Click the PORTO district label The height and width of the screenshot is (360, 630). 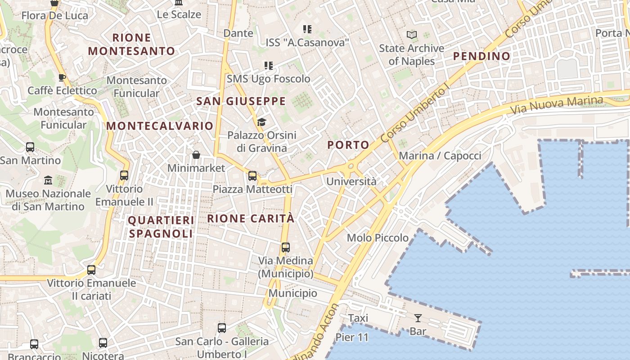tap(348, 145)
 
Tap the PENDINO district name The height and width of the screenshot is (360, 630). tap(481, 56)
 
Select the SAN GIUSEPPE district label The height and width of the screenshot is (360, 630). tap(241, 101)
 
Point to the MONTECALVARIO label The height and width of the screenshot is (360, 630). tap(160, 126)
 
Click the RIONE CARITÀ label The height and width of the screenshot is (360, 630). tap(251, 219)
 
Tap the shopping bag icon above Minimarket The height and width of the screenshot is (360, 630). tap(196, 155)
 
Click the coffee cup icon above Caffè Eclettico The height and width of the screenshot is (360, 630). tap(62, 77)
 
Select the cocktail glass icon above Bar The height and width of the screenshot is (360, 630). tap(418, 318)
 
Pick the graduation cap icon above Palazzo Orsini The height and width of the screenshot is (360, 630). tap(261, 122)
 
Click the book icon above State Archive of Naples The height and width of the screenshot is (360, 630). tap(411, 35)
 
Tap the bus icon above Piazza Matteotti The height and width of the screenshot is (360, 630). tap(252, 176)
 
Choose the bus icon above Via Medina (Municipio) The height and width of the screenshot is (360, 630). tap(286, 247)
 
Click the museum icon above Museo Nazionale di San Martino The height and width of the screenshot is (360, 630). tap(48, 180)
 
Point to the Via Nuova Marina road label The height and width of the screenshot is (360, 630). tap(557, 104)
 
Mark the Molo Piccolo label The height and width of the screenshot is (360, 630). tap(378, 238)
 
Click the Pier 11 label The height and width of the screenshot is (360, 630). tap(352, 337)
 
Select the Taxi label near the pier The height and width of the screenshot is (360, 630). tap(358, 318)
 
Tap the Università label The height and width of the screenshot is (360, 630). tap(351, 182)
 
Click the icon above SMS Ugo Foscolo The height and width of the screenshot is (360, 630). tap(269, 66)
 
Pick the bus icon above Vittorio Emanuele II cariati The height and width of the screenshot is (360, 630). tap(91, 270)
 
